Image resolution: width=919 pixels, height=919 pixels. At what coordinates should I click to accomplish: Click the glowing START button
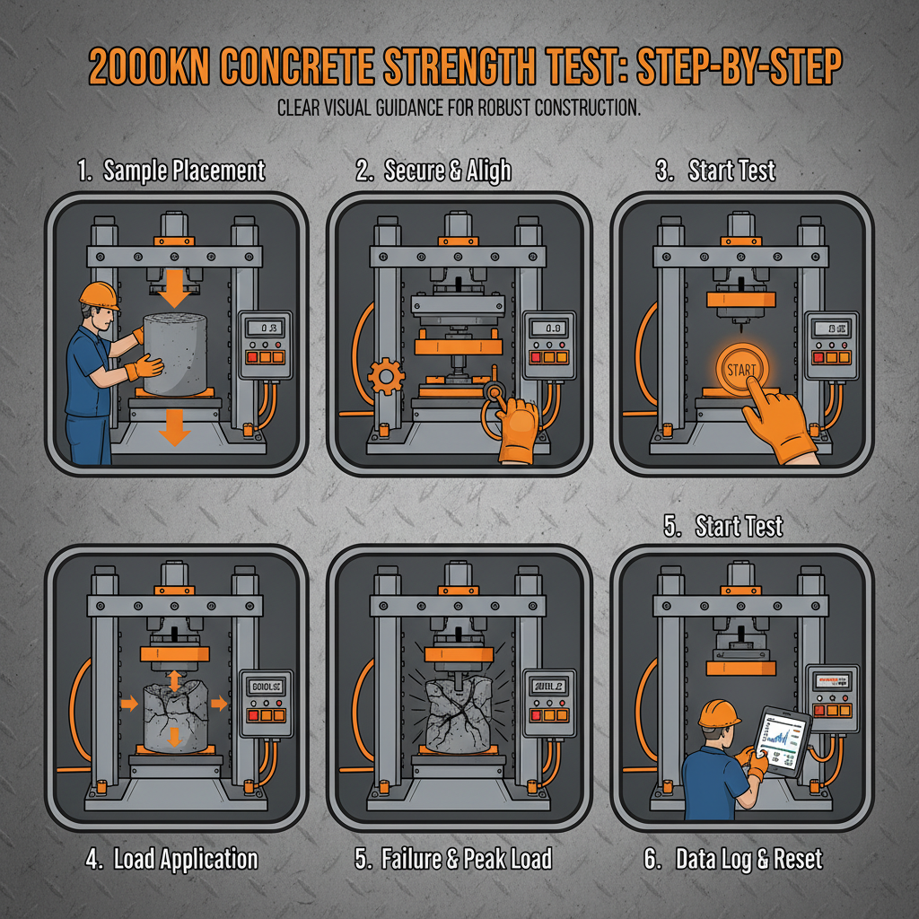click(x=737, y=369)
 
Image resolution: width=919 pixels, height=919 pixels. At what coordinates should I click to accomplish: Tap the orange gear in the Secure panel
click(x=387, y=375)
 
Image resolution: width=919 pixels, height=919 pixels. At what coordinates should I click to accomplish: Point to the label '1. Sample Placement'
click(x=171, y=171)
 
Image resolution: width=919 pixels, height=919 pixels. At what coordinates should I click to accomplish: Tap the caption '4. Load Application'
click(x=172, y=859)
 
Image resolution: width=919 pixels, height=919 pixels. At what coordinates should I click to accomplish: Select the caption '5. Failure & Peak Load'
click(x=452, y=859)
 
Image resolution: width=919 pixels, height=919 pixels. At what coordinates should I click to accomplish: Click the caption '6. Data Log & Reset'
click(x=733, y=859)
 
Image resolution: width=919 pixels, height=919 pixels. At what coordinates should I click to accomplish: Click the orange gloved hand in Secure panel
click(x=520, y=429)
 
